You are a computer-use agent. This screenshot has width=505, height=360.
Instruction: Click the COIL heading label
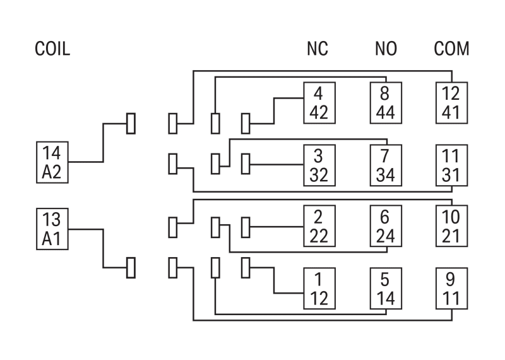[x=52, y=49]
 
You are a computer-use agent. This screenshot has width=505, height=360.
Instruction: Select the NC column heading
[x=318, y=49]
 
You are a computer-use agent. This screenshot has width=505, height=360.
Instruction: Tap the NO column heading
[x=386, y=49]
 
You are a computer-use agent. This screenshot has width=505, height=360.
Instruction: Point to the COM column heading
[x=451, y=49]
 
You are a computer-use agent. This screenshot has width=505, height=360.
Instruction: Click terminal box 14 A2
[x=52, y=162]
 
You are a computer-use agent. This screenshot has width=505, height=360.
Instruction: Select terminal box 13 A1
[x=52, y=229]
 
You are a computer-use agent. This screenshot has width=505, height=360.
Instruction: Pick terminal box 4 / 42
[x=319, y=103]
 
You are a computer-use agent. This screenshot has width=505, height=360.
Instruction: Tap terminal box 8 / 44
[x=386, y=103]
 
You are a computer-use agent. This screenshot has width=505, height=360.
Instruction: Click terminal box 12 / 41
[x=451, y=103]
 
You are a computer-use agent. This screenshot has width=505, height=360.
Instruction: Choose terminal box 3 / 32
[x=319, y=165]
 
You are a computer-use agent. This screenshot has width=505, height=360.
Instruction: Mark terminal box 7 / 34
[x=386, y=165]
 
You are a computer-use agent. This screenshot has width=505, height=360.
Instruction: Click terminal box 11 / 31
[x=451, y=165]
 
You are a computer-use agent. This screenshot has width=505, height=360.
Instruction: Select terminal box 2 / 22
[x=319, y=226]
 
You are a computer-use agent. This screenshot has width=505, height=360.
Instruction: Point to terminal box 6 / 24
[x=386, y=226]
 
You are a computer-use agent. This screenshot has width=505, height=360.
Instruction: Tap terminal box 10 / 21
[x=451, y=226]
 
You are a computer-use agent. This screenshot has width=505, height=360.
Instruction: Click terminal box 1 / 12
[x=319, y=289]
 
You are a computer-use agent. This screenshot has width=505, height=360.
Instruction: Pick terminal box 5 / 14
[x=386, y=289]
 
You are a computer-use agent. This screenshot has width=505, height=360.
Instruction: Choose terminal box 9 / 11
[x=451, y=289]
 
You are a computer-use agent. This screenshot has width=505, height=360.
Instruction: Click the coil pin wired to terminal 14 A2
[x=131, y=123]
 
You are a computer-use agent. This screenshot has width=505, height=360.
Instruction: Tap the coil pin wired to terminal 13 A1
[x=131, y=268]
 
